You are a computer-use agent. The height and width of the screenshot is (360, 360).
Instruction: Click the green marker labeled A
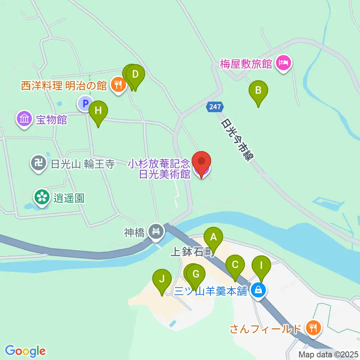[213, 237]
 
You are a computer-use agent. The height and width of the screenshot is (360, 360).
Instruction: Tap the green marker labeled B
[258, 90]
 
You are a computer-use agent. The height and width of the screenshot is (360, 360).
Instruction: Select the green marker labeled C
[235, 265]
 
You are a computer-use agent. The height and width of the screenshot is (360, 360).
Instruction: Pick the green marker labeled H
[98, 111]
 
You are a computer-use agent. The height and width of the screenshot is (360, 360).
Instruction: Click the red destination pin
[201, 162]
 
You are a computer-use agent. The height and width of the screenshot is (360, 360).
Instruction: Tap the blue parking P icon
[85, 103]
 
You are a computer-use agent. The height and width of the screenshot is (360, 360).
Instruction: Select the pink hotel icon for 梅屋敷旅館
[283, 62]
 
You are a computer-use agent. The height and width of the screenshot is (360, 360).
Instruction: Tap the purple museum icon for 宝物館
[24, 120]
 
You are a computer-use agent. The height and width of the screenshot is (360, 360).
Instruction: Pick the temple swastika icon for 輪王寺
[38, 163]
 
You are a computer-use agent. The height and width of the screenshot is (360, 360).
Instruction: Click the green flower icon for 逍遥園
[42, 197]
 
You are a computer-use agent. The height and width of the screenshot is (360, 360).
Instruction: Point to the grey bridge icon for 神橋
[156, 231]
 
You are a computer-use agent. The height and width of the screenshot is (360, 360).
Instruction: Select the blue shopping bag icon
[258, 289]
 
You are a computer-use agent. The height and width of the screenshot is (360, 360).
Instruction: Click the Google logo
[25, 351]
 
